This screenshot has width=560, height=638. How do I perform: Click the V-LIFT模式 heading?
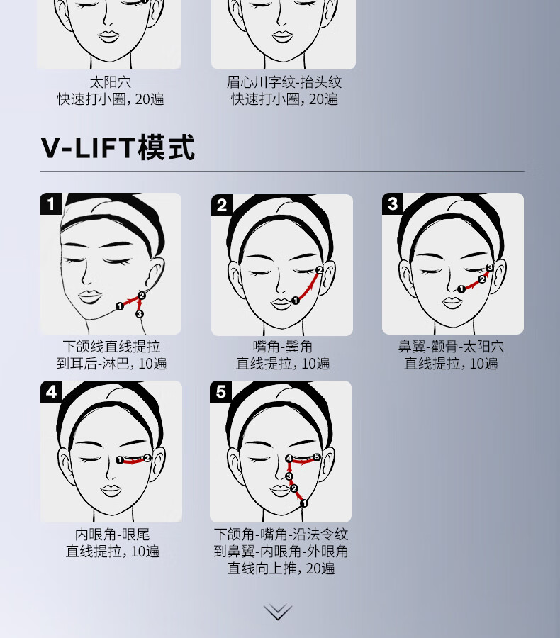118,147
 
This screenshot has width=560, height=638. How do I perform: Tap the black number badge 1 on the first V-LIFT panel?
50,203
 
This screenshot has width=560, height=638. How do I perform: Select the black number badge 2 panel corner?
221,205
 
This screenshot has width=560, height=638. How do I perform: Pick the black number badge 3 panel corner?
392,203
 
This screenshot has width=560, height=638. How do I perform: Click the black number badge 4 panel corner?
51,392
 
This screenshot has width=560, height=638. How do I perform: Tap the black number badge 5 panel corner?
220,392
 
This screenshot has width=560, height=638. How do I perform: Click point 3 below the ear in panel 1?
139,314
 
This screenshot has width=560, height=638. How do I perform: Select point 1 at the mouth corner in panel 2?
296,301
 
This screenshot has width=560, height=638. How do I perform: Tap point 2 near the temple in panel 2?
320,270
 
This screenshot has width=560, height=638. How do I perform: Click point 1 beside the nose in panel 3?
461,289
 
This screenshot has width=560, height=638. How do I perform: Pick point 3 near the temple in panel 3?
490,267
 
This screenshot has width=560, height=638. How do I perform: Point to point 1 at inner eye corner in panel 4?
120,460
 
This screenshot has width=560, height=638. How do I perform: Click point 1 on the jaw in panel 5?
304,503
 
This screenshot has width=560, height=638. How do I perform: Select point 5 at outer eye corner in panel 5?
317,457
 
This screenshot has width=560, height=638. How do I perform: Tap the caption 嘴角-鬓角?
282,347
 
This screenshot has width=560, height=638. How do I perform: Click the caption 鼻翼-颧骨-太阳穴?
451,347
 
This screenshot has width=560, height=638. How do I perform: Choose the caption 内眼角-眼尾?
112,535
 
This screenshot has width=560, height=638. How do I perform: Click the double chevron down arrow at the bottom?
278,612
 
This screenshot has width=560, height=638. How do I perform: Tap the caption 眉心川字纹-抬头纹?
284,82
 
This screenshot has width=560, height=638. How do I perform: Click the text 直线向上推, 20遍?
281,568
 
